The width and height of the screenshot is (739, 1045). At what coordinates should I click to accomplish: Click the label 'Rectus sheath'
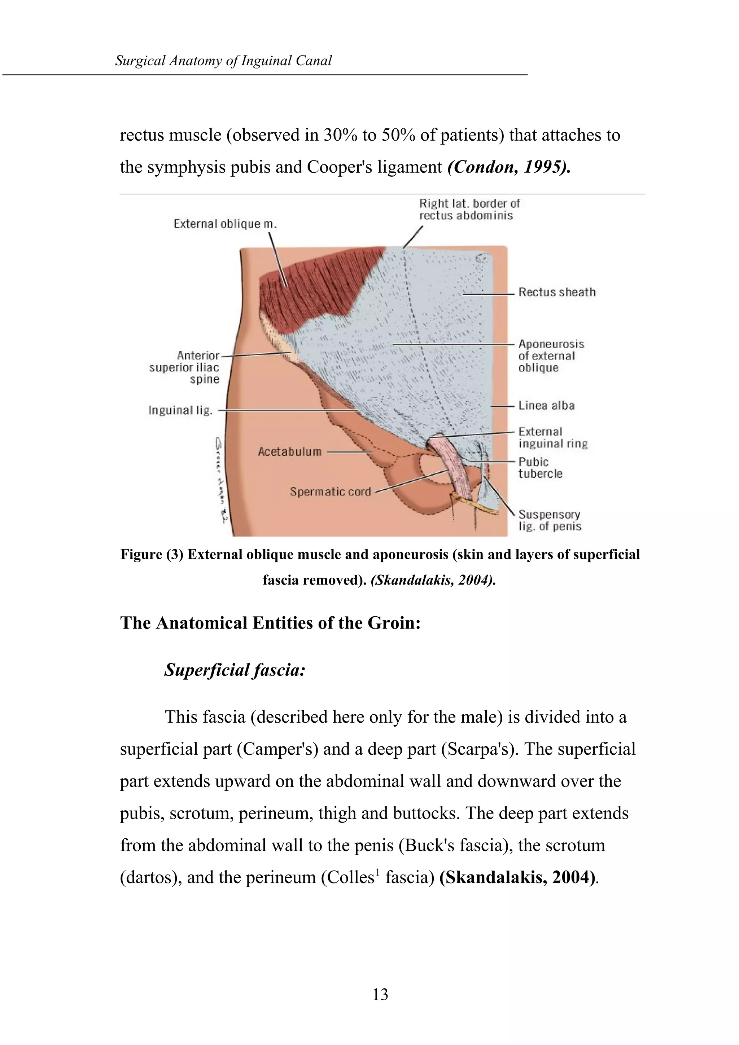[x=556, y=292]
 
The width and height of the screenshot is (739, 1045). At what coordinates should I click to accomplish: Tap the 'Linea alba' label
[x=546, y=406]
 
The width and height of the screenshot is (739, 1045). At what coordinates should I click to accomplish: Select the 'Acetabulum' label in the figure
[x=290, y=452]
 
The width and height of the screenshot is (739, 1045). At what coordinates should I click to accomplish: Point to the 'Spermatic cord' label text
[x=331, y=492]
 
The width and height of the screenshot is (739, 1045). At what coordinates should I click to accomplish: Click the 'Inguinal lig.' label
[x=180, y=410]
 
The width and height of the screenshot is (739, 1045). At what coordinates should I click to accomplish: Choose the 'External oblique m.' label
[x=225, y=224]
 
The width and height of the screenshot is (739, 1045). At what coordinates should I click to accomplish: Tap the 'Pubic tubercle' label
[x=540, y=468]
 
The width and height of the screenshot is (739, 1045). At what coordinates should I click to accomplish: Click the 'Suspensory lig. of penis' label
[x=550, y=521]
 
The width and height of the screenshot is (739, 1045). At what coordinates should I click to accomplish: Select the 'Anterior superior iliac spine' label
[x=184, y=367]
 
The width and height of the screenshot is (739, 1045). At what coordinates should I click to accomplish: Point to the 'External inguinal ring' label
[x=553, y=438]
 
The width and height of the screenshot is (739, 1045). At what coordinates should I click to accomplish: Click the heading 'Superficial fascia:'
[x=234, y=670]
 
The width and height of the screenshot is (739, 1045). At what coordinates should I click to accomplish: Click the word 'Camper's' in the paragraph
[x=277, y=749]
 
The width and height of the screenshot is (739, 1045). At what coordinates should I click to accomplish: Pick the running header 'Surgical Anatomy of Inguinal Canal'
[x=223, y=61]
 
